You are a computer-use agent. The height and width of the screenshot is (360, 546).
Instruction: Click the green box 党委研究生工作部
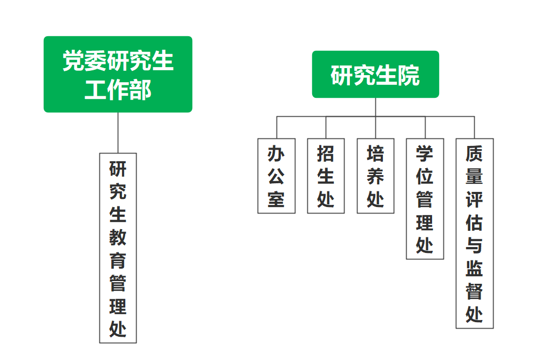118,74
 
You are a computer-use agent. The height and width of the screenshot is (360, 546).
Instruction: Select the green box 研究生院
375,75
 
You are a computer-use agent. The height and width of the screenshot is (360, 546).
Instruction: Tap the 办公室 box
277,176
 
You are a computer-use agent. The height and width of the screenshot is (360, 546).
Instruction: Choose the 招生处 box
326,176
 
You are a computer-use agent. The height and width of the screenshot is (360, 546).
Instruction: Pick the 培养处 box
375,176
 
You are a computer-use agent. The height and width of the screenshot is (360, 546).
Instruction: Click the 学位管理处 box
425,198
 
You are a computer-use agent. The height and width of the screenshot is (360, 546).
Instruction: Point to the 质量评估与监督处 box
475,233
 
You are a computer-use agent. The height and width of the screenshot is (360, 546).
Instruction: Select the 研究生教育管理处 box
118,248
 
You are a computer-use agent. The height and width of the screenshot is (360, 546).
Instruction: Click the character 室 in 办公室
277,199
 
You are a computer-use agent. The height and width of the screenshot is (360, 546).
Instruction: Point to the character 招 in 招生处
326,154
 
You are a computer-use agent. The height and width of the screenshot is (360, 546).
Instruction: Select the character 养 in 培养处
375,176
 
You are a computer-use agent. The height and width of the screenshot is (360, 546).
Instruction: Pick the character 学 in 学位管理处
425,154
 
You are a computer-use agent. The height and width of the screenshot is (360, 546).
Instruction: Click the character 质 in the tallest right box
475,154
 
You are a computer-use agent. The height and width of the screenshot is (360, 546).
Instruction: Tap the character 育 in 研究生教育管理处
118,261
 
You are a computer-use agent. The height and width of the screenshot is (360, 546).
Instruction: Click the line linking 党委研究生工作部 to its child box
118,132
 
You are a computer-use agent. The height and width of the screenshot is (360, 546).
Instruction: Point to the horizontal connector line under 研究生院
351,116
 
